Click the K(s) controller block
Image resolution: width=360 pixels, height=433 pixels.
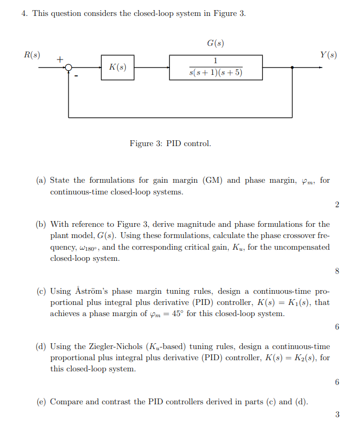pyautogui.click(x=117, y=67)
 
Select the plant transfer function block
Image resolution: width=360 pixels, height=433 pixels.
pyautogui.click(x=216, y=67)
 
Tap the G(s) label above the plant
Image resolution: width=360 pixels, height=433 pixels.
pyautogui.click(x=215, y=43)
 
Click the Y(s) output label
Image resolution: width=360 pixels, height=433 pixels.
pyautogui.click(x=328, y=55)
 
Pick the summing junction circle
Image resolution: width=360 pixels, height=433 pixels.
pyautogui.click(x=68, y=67)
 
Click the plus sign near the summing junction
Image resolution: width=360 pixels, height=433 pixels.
pyautogui.click(x=59, y=60)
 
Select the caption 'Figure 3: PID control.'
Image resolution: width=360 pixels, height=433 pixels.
pyautogui.click(x=170, y=143)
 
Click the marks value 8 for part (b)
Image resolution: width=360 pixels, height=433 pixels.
pyautogui.click(x=337, y=271)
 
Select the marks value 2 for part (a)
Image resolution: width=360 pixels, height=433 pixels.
pyautogui.click(x=337, y=205)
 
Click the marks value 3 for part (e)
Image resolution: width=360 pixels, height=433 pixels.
pyautogui.click(x=337, y=415)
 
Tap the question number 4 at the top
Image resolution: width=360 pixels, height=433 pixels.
pyautogui.click(x=24, y=13)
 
